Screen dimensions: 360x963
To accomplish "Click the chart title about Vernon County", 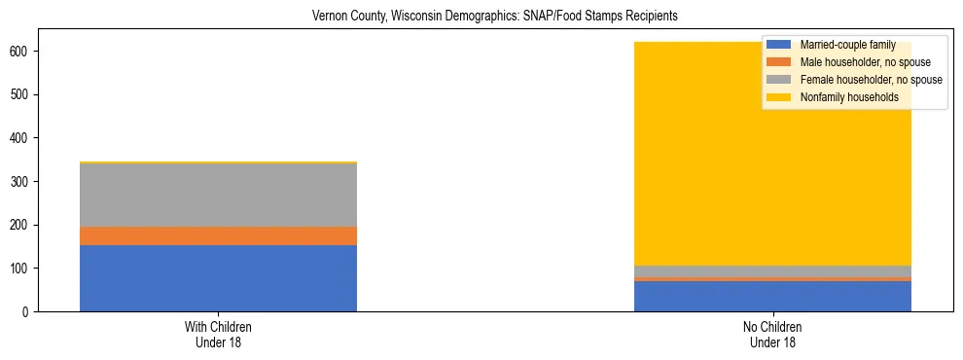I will pos(494,17).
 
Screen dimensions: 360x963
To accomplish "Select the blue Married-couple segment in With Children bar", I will pos(218,278).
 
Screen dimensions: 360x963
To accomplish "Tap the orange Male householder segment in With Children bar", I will pos(218,235).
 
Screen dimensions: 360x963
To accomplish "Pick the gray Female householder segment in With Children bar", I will pos(218,195).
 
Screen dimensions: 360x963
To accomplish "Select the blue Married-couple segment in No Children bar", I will pos(772,296).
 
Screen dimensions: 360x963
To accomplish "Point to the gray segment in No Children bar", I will pos(772,271).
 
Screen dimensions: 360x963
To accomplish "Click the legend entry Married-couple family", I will pos(846,45).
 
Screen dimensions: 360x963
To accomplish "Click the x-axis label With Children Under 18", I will pos(218,335).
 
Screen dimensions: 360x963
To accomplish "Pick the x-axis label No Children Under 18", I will pos(772,335).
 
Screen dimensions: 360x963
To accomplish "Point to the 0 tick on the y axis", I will pos(29,311).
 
